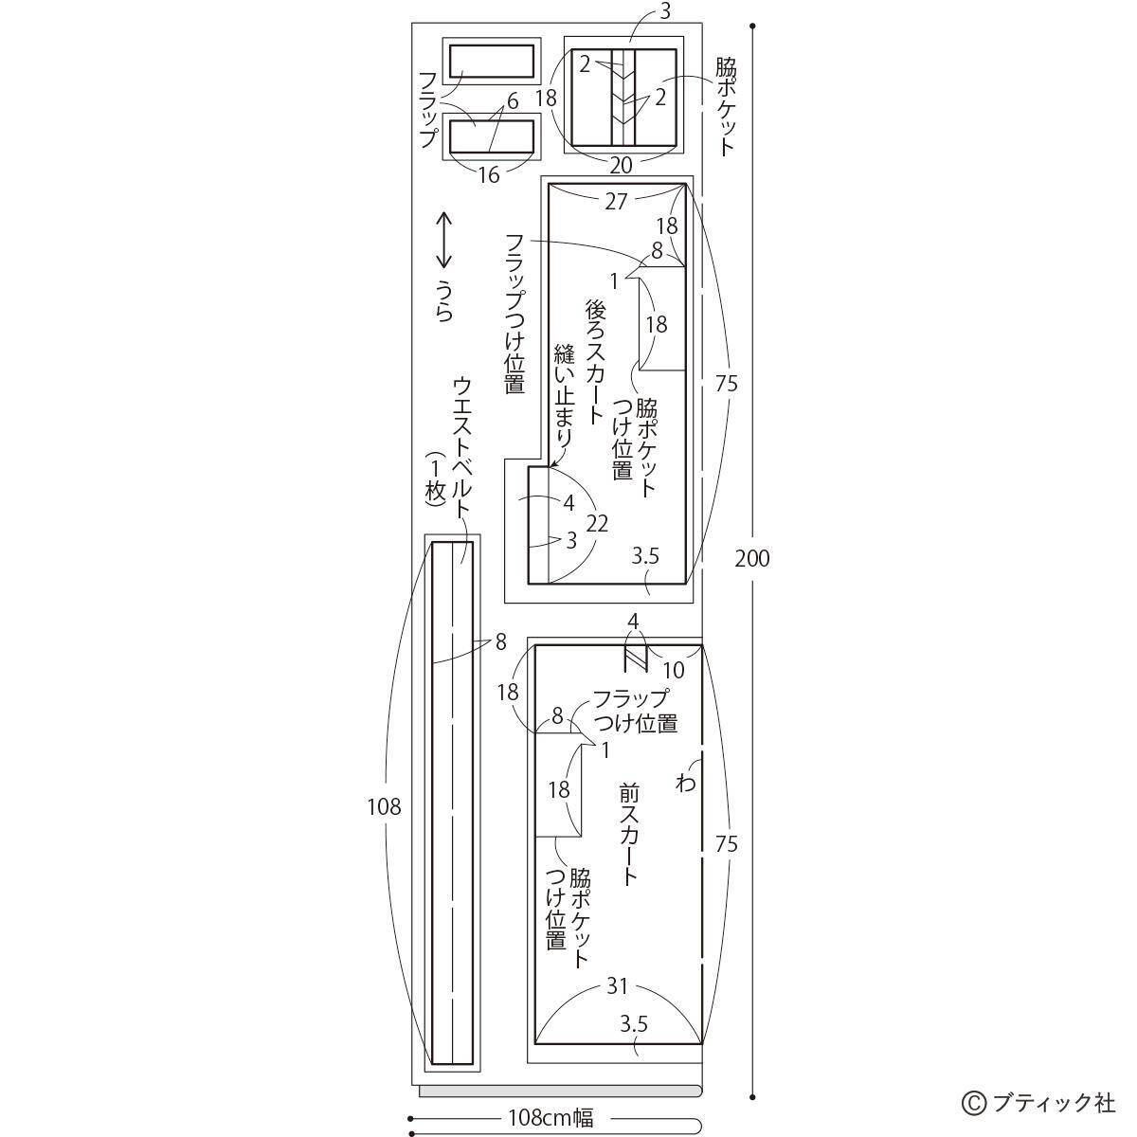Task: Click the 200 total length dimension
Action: coord(752,558)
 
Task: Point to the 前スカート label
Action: coord(628,834)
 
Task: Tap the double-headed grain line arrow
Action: coord(443,241)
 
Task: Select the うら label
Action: coord(443,300)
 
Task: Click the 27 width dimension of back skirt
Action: coord(616,201)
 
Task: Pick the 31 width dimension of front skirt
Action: coord(617,986)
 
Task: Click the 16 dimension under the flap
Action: coord(488,174)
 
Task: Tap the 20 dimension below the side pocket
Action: coord(621,166)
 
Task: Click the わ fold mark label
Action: coord(686,783)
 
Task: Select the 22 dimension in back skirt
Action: coord(597,523)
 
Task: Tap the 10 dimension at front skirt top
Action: coord(673,670)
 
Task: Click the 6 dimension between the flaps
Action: coord(512,101)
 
